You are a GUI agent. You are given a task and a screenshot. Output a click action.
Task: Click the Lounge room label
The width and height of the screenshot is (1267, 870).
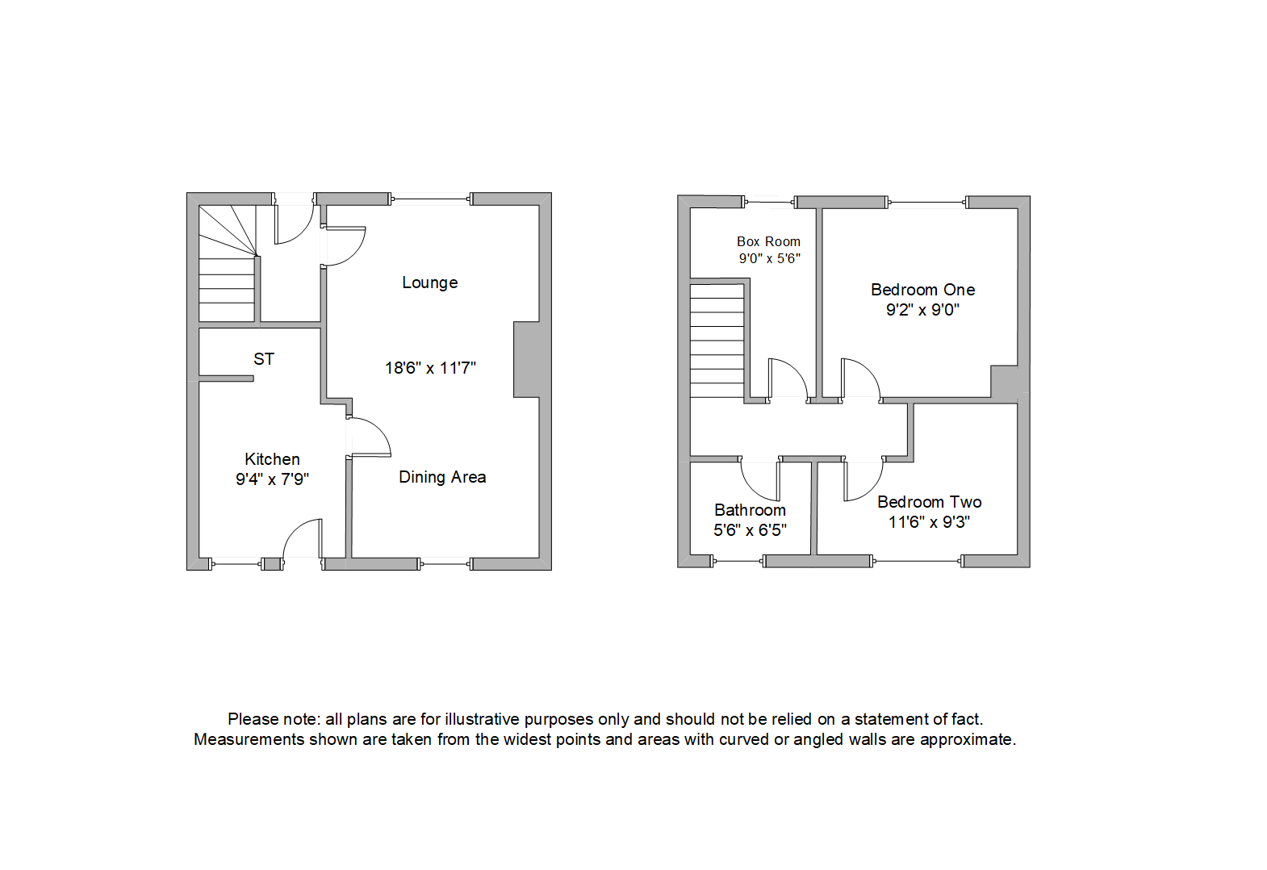pyautogui.click(x=429, y=282)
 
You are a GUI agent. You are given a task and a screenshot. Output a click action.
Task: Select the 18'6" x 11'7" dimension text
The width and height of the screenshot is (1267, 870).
pyautogui.click(x=429, y=368)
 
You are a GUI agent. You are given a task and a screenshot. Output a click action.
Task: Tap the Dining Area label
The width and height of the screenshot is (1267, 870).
pyautogui.click(x=442, y=477)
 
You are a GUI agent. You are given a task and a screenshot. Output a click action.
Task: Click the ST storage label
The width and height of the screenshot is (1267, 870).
pyautogui.click(x=264, y=359)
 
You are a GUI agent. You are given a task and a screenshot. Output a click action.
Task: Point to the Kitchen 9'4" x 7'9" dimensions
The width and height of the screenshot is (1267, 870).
pyautogui.click(x=272, y=479)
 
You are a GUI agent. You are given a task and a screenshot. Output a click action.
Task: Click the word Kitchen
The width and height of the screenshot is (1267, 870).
pyautogui.click(x=272, y=459)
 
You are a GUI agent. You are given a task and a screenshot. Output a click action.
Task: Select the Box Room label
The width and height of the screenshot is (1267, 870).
pyautogui.click(x=768, y=241)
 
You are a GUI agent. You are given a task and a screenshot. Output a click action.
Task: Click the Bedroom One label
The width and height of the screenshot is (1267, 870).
pyautogui.click(x=922, y=290)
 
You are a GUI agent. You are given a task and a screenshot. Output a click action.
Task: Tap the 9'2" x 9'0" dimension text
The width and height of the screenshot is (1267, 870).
pyautogui.click(x=922, y=310)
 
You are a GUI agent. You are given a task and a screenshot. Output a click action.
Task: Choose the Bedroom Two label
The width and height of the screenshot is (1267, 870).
pyautogui.click(x=929, y=502)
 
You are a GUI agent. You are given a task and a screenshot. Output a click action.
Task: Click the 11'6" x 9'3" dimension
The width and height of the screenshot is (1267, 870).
pyautogui.click(x=929, y=522)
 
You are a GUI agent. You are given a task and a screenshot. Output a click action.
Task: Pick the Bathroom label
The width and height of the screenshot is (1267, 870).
pyautogui.click(x=750, y=510)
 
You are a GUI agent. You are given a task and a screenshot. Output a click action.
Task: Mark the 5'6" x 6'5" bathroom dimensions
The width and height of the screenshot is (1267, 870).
pyautogui.click(x=750, y=530)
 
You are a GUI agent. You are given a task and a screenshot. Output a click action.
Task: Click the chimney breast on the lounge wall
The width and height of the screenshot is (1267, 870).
pyautogui.click(x=526, y=359)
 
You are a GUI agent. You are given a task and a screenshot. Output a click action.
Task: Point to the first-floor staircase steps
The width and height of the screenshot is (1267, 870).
pyautogui.click(x=717, y=341)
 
